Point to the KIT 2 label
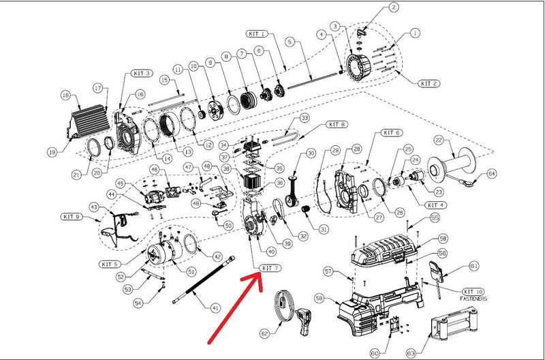pyautogui.click(x=429, y=83)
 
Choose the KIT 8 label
pyautogui.click(x=337, y=124)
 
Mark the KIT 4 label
pyautogui.click(x=435, y=205)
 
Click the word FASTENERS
pyautogui.click(x=480, y=299)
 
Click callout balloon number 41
pyautogui.click(x=216, y=307)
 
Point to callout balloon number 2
pyautogui.click(x=394, y=7)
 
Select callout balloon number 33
pyautogui.click(x=305, y=118)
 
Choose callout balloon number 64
pyautogui.click(x=491, y=175)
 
